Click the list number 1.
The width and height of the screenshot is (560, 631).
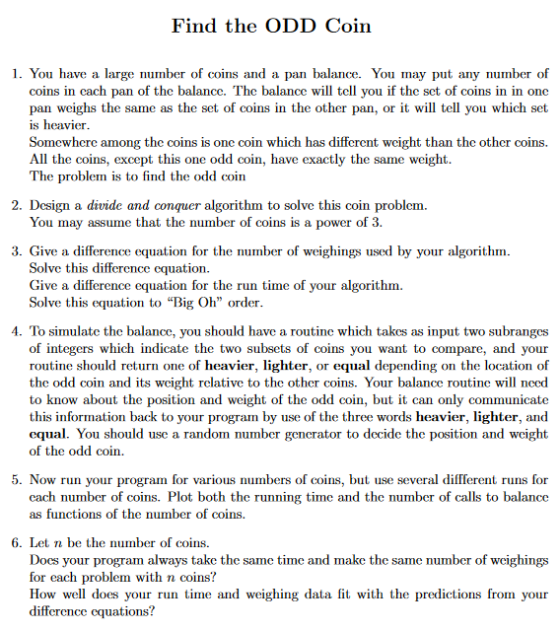[15, 74]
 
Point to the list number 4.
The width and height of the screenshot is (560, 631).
[15, 332]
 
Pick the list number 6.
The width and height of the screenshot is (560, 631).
[15, 543]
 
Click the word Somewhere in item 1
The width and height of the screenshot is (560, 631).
[63, 143]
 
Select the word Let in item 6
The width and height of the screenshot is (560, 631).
[40, 543]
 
